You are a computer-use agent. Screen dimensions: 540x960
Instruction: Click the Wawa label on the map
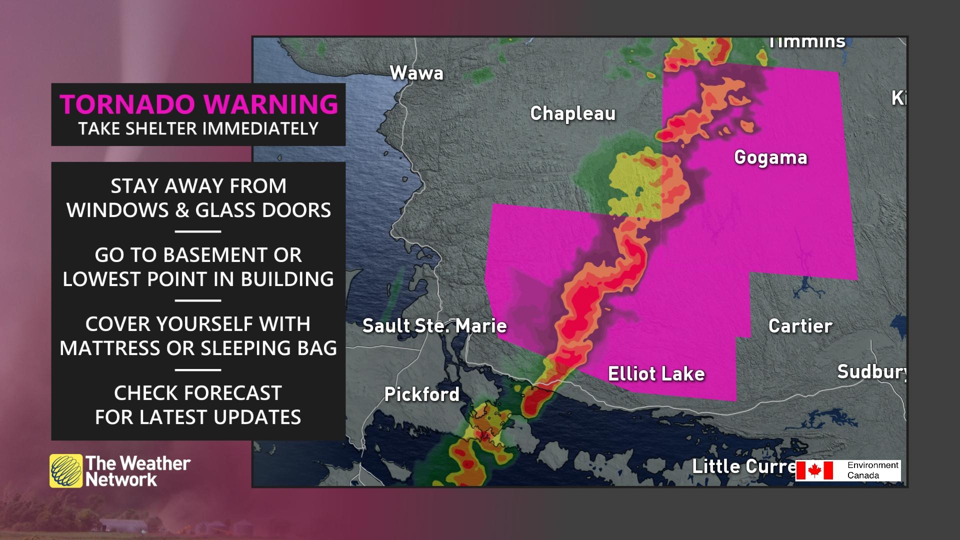point(416,73)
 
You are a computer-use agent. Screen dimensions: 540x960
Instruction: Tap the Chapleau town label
point(572,113)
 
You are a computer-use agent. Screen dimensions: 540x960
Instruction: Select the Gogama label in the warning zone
point(770,157)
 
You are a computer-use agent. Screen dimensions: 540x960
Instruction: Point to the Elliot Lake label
point(656,373)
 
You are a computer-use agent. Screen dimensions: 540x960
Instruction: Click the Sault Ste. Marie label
point(434,326)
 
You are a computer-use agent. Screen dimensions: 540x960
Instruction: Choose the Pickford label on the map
point(421,394)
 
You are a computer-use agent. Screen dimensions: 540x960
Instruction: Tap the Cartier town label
point(800,326)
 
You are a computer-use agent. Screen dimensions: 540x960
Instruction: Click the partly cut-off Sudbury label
point(871,371)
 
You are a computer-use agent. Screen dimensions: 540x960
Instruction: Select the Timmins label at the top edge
point(806,42)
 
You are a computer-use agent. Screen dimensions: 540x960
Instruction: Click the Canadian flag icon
point(814,470)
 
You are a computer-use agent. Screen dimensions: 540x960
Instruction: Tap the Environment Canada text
point(872,470)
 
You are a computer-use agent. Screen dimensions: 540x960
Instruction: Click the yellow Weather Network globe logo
point(65,470)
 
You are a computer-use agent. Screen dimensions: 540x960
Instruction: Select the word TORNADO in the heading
point(127,104)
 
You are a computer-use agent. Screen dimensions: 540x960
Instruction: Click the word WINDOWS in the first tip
point(118,210)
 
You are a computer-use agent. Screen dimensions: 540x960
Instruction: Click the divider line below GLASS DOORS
point(198,231)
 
